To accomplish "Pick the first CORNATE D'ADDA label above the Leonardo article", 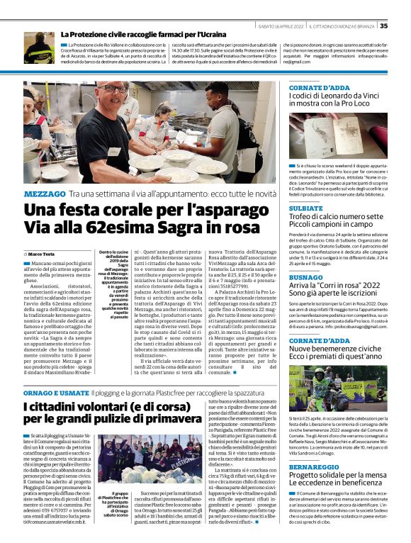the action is (320, 88).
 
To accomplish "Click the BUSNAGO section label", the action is (306, 278).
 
